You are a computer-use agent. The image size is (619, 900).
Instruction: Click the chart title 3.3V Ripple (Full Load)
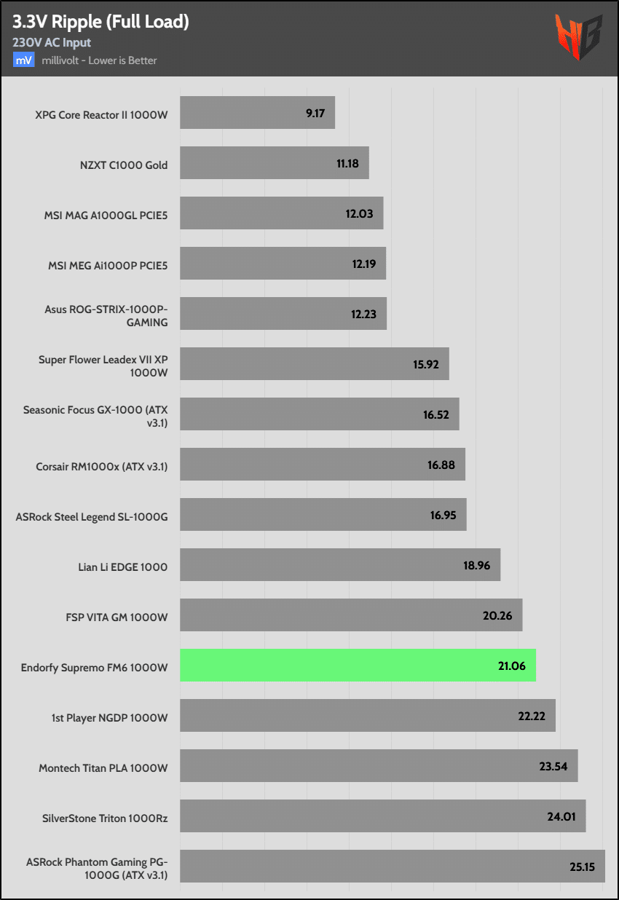point(100,22)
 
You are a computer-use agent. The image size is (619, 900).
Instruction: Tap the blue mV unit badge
point(23,60)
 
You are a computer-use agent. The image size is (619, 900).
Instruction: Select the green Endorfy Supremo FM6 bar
point(358,666)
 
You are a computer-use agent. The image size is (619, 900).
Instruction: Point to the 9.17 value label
point(315,114)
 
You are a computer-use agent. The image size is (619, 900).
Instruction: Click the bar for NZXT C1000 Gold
point(274,163)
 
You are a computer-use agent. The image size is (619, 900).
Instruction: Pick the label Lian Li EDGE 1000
point(122,567)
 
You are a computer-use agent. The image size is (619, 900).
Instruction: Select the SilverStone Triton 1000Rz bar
point(382,816)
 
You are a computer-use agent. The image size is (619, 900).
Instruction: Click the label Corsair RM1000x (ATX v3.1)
point(102,466)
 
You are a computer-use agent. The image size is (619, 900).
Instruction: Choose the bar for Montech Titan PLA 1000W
point(379,766)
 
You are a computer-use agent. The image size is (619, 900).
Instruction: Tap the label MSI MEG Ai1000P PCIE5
point(108,265)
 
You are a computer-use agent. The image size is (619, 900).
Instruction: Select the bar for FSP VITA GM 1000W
point(351,615)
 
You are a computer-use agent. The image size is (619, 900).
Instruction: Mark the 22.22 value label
point(532,717)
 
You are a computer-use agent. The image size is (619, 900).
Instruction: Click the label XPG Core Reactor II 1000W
point(101,114)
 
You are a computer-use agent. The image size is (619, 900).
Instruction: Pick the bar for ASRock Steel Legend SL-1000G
point(323,515)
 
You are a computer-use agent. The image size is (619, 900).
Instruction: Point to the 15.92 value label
point(425,365)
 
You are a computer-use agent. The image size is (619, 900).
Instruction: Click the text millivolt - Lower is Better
point(99,60)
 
